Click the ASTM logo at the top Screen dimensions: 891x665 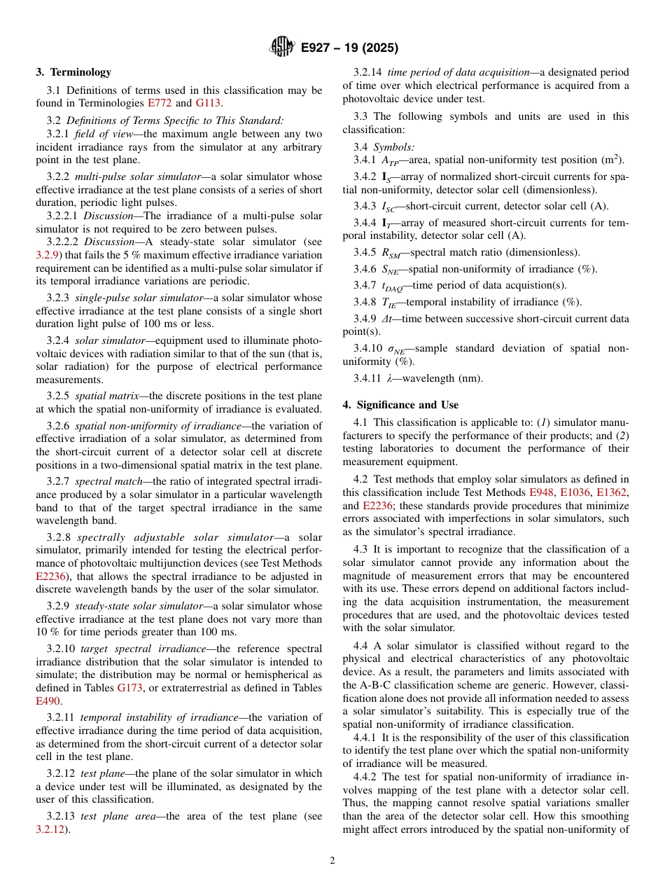(282, 48)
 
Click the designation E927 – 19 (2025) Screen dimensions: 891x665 (349, 48)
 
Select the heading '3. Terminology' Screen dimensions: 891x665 (73, 72)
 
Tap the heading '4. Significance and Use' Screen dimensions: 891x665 (400, 405)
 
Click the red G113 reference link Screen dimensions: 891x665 (208, 103)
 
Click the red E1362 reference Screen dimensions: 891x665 (612, 492)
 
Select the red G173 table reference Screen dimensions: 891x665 (129, 688)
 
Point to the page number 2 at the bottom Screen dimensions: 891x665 (332, 861)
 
